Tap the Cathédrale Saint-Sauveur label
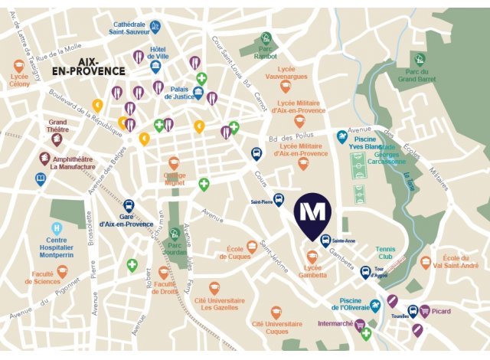coord(129,28)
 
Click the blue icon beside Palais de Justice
coord(199,94)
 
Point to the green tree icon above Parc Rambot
coord(266,38)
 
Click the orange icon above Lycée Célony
coord(19,67)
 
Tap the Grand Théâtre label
coord(58,125)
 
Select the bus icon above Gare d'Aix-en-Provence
coord(129,206)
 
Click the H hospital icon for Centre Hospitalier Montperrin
coord(57,228)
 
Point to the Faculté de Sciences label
coord(47,278)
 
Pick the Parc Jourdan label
coord(175,250)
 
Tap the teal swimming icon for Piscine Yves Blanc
coord(342,137)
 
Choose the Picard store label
coord(440,312)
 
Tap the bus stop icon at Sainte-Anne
coord(325,239)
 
